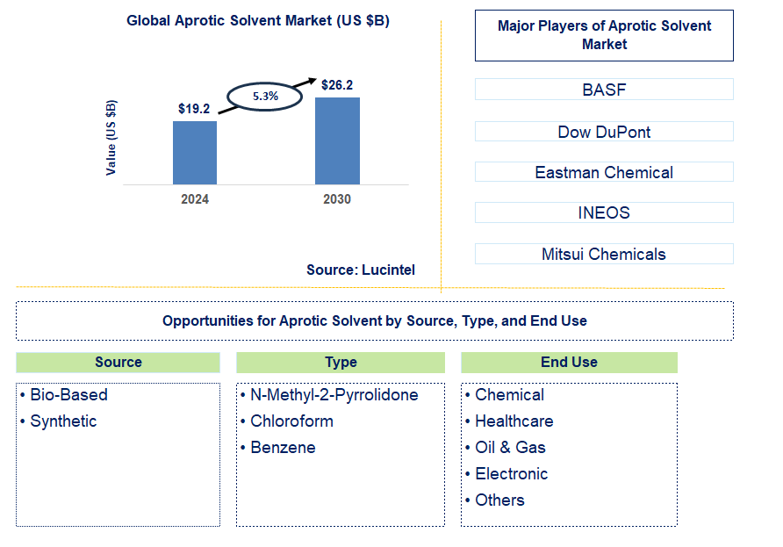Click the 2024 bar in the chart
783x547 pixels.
tap(194, 153)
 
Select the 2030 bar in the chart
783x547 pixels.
tap(337, 140)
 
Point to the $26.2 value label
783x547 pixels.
tap(337, 85)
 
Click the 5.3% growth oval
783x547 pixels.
tap(265, 97)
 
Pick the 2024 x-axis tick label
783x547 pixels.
tap(195, 199)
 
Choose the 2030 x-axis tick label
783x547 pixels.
tap(337, 199)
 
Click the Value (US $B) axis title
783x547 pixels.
tap(111, 137)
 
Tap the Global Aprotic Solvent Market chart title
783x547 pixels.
tap(258, 21)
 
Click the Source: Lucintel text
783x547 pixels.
tap(361, 270)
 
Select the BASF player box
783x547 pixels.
tap(604, 90)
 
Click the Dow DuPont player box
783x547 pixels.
tap(604, 132)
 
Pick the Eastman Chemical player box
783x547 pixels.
tap(604, 172)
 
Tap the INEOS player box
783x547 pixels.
tap(604, 212)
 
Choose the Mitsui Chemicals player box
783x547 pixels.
tap(604, 255)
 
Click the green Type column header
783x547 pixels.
tap(341, 362)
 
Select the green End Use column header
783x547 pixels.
tap(569, 362)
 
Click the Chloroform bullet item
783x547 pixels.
tap(291, 421)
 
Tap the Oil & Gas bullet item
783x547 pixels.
tap(510, 448)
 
